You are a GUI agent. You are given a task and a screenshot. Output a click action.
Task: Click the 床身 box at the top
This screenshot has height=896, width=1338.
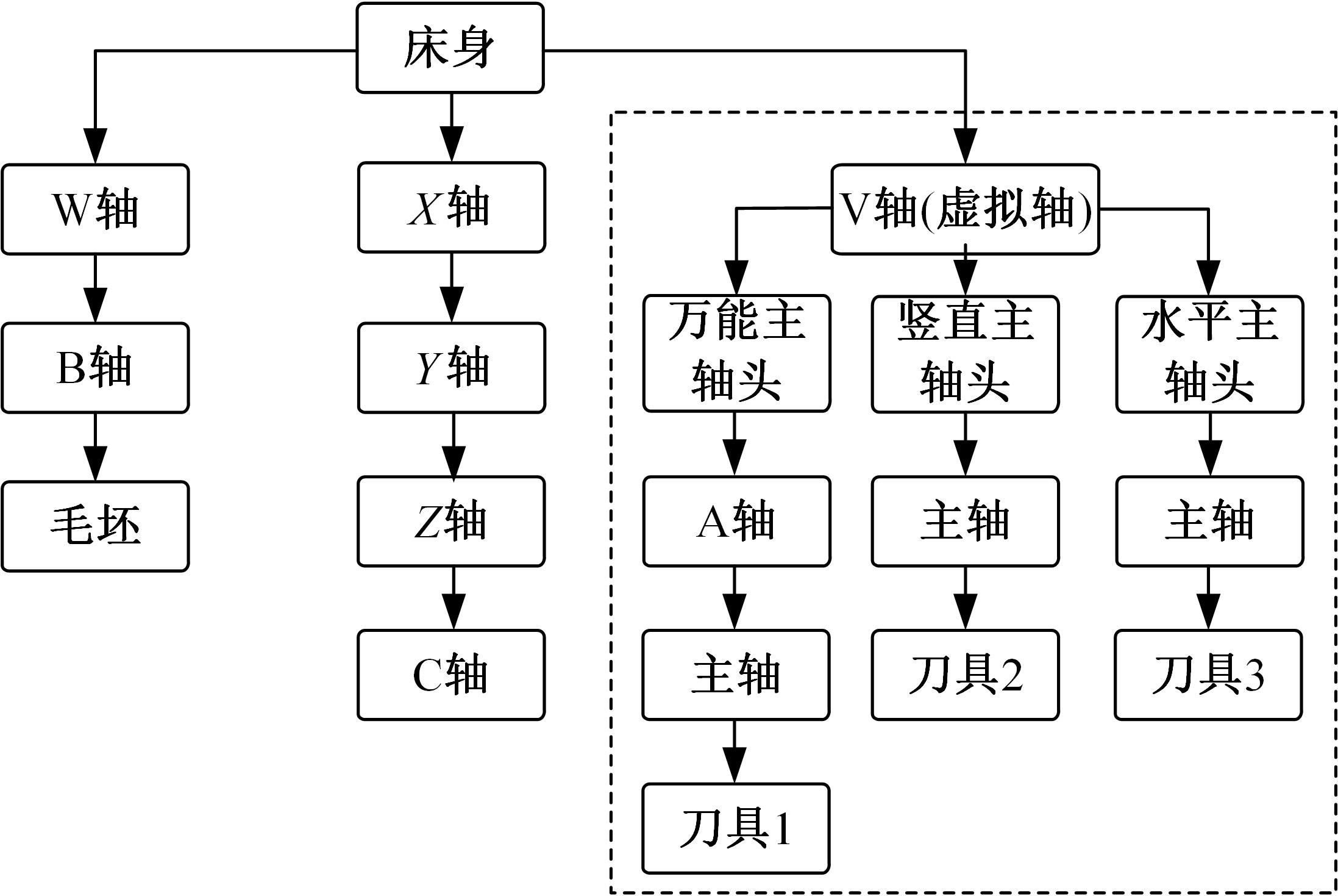pos(450,49)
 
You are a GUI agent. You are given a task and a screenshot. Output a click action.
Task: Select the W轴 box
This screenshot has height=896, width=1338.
pos(95,209)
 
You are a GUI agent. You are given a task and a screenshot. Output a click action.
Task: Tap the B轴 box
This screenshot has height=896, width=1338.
pos(95,368)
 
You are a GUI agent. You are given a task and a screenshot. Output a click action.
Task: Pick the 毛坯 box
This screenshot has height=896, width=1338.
pos(95,526)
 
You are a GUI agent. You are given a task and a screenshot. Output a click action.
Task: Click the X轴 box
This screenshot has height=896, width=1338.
pos(451,207)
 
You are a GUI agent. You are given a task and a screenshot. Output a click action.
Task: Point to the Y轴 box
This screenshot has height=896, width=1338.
pos(451,368)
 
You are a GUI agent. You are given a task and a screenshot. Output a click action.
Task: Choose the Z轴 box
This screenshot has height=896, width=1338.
pos(451,521)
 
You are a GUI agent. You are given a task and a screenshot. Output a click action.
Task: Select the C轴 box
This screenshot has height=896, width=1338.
pos(451,675)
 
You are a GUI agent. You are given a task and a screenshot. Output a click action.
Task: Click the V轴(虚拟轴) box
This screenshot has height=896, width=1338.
pos(965,209)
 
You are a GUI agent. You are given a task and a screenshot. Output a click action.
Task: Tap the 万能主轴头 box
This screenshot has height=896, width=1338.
pos(736,354)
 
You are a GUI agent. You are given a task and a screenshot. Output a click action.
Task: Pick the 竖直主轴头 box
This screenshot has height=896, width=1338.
pos(965,354)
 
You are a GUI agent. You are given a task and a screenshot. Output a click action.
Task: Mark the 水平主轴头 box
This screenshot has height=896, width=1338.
pos(1209,354)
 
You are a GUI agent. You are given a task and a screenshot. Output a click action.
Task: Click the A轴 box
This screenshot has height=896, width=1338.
pos(736,521)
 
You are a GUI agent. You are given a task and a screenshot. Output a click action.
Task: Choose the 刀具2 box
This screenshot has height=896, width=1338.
pos(965,675)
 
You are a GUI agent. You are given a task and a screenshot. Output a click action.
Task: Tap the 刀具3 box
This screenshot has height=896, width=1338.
pos(1208,675)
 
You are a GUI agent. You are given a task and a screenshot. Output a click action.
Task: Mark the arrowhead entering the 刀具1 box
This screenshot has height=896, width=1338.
pos(735,767)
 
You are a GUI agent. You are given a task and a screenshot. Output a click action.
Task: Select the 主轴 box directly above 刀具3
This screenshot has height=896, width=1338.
pos(1209,521)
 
